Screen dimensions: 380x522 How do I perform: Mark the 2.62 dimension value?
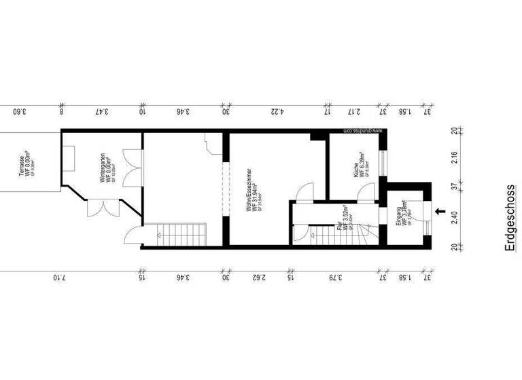pos(258,277)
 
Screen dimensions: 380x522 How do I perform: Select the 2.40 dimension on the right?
pos(453,218)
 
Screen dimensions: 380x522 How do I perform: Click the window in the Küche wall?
pos(381,164)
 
